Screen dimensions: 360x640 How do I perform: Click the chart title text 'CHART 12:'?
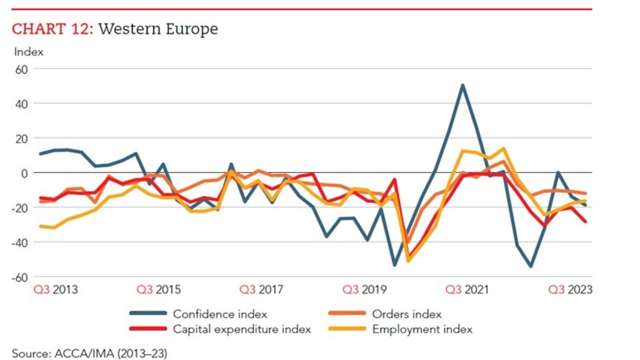pyautogui.click(x=52, y=29)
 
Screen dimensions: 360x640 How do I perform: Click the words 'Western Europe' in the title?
pyautogui.click(x=158, y=29)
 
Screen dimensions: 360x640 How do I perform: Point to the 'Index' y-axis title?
pyautogui.click(x=29, y=52)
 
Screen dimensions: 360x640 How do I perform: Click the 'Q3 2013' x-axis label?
pyautogui.click(x=55, y=290)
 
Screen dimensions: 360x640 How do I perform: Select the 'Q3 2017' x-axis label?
pyautogui.click(x=261, y=290)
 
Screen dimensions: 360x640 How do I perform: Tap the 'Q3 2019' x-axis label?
pyautogui.click(x=365, y=290)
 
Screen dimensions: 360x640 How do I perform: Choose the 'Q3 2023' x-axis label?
pyautogui.click(x=571, y=290)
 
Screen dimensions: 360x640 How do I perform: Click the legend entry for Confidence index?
pyautogui.click(x=220, y=314)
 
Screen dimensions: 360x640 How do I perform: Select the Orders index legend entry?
pyautogui.click(x=406, y=314)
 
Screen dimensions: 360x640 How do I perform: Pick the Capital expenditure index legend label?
pyautogui.click(x=241, y=329)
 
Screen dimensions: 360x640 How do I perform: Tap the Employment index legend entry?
pyautogui.click(x=422, y=329)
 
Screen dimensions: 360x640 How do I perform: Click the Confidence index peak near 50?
pyautogui.click(x=462, y=85)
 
